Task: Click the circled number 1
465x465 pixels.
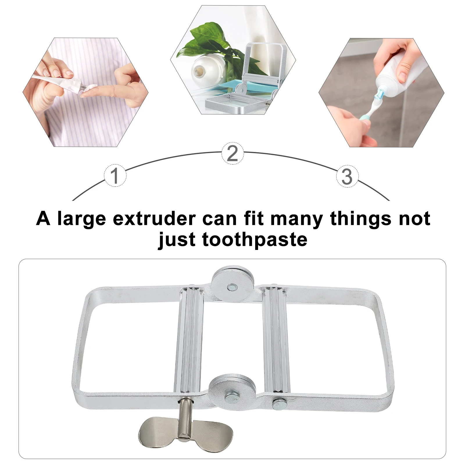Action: tap(115, 175)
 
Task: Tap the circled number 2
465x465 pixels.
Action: tap(233, 153)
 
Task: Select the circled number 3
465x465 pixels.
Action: tap(347, 176)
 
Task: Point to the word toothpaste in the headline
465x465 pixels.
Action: tap(255, 240)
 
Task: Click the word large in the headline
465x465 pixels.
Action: tap(82, 219)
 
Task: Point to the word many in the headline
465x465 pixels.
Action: tap(296, 219)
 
